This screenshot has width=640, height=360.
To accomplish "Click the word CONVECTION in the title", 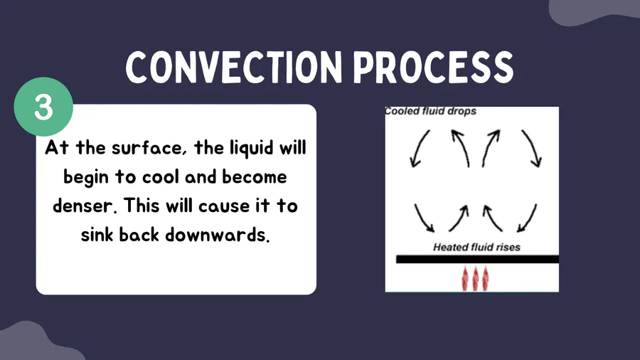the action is click(x=234, y=68).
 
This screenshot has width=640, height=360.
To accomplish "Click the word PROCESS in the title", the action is click(x=434, y=68).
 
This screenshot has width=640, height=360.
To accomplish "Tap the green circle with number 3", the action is click(x=43, y=107).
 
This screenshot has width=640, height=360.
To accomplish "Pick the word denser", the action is click(x=85, y=206).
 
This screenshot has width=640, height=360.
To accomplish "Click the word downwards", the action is click(x=217, y=235).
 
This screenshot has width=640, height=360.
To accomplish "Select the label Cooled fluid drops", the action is click(x=431, y=111).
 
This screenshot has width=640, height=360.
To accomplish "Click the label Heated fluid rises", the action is click(x=476, y=247).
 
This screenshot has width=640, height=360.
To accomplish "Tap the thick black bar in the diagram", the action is click(x=478, y=259).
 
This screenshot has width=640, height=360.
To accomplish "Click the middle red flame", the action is click(x=475, y=279).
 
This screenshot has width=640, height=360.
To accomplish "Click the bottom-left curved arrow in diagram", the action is click(x=423, y=219).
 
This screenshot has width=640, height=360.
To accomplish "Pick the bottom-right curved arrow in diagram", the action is click(x=528, y=219).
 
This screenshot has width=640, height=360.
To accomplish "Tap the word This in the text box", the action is click(x=142, y=206).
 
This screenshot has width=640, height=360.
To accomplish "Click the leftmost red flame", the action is click(x=465, y=279).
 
